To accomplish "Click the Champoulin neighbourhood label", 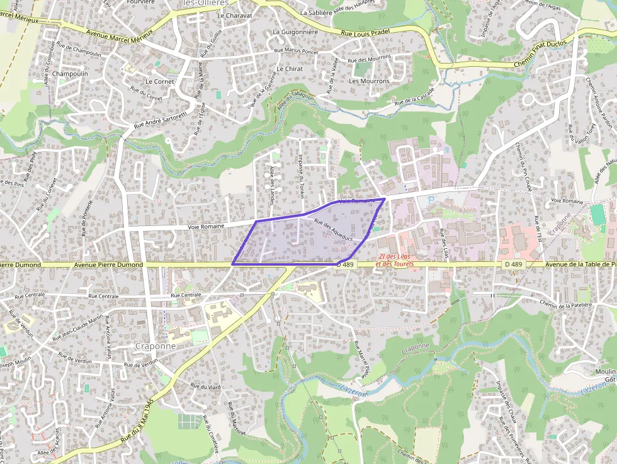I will (x=71, y=74).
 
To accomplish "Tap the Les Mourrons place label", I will (x=369, y=81).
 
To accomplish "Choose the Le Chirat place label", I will (x=290, y=69).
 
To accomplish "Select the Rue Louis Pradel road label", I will (x=366, y=31).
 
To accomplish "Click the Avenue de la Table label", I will (x=580, y=264).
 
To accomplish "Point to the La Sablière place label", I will (x=315, y=12).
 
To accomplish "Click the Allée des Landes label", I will (x=273, y=181).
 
